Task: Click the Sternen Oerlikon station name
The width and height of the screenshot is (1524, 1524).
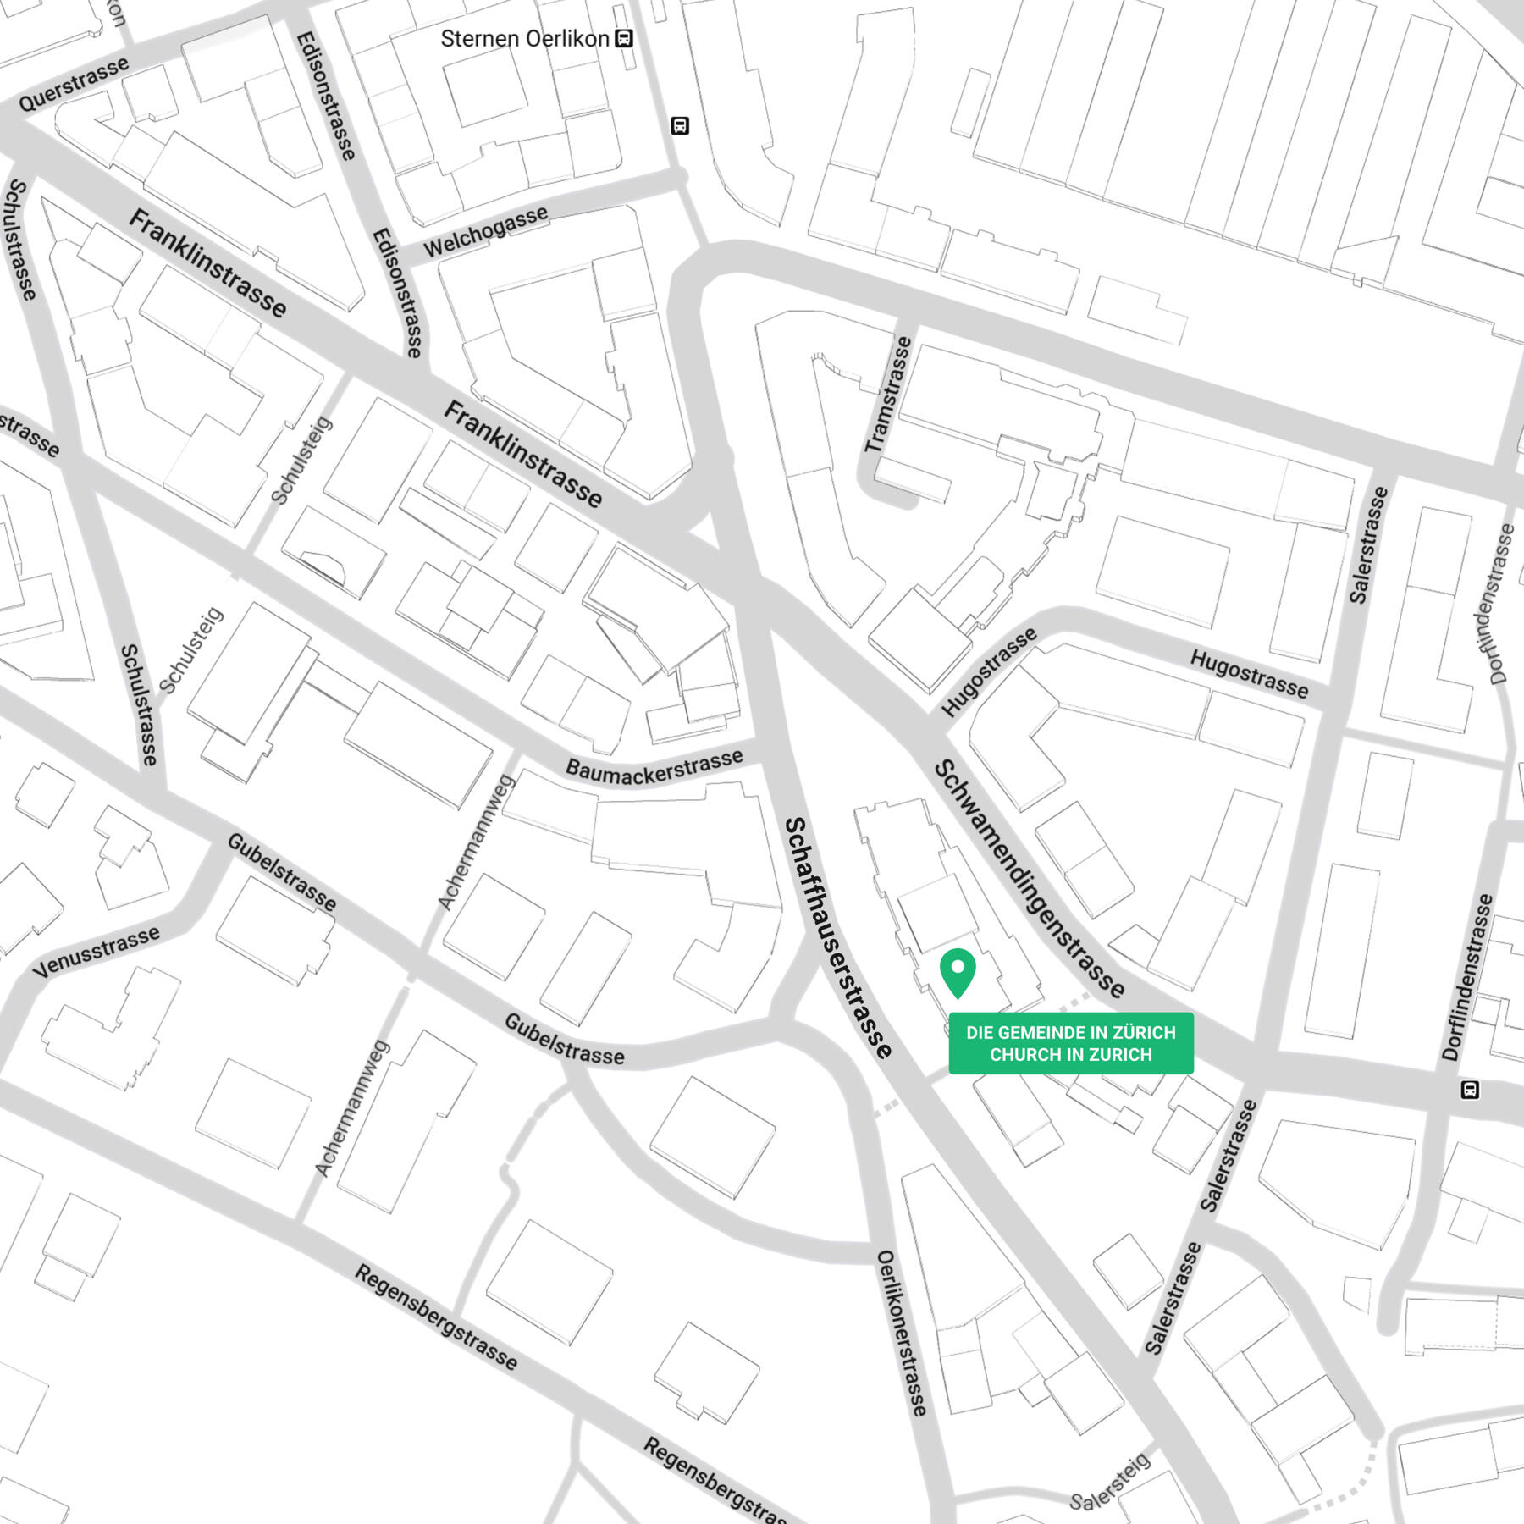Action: (524, 39)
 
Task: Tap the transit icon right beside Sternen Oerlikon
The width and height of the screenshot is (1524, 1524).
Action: (624, 39)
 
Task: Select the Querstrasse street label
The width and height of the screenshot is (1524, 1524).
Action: (74, 84)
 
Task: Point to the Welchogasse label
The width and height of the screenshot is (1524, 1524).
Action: (485, 231)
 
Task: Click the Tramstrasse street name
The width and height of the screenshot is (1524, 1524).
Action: (888, 395)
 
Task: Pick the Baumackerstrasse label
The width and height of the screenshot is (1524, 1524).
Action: (654, 766)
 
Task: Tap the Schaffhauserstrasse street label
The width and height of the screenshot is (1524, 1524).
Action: (837, 937)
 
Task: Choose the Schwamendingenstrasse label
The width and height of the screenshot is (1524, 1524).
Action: (1030, 879)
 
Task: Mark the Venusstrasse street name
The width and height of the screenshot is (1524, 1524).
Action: (96, 952)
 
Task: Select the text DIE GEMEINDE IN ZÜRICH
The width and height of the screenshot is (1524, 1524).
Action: (1071, 1032)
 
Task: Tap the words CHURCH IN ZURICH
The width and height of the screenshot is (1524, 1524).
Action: (1071, 1055)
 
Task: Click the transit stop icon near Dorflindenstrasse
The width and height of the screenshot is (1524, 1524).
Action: (1470, 1090)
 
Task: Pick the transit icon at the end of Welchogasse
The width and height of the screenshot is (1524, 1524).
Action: (679, 126)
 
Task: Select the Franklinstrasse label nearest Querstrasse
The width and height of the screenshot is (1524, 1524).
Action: (207, 262)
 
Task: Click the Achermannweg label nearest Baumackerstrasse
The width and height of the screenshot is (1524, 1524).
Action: (476, 842)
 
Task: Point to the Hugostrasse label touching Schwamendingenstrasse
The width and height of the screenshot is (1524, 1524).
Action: (989, 672)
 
